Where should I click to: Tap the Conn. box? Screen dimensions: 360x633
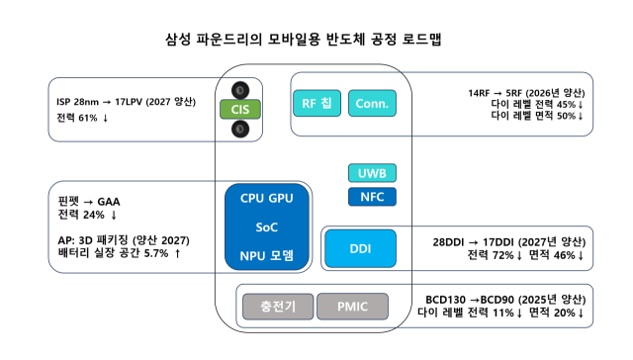point(373,103)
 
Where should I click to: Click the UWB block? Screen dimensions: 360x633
point(372,172)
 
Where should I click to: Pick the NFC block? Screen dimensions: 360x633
point(372,197)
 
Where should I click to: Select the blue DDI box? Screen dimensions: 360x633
point(361,247)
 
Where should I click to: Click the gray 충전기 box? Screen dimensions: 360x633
point(276,308)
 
